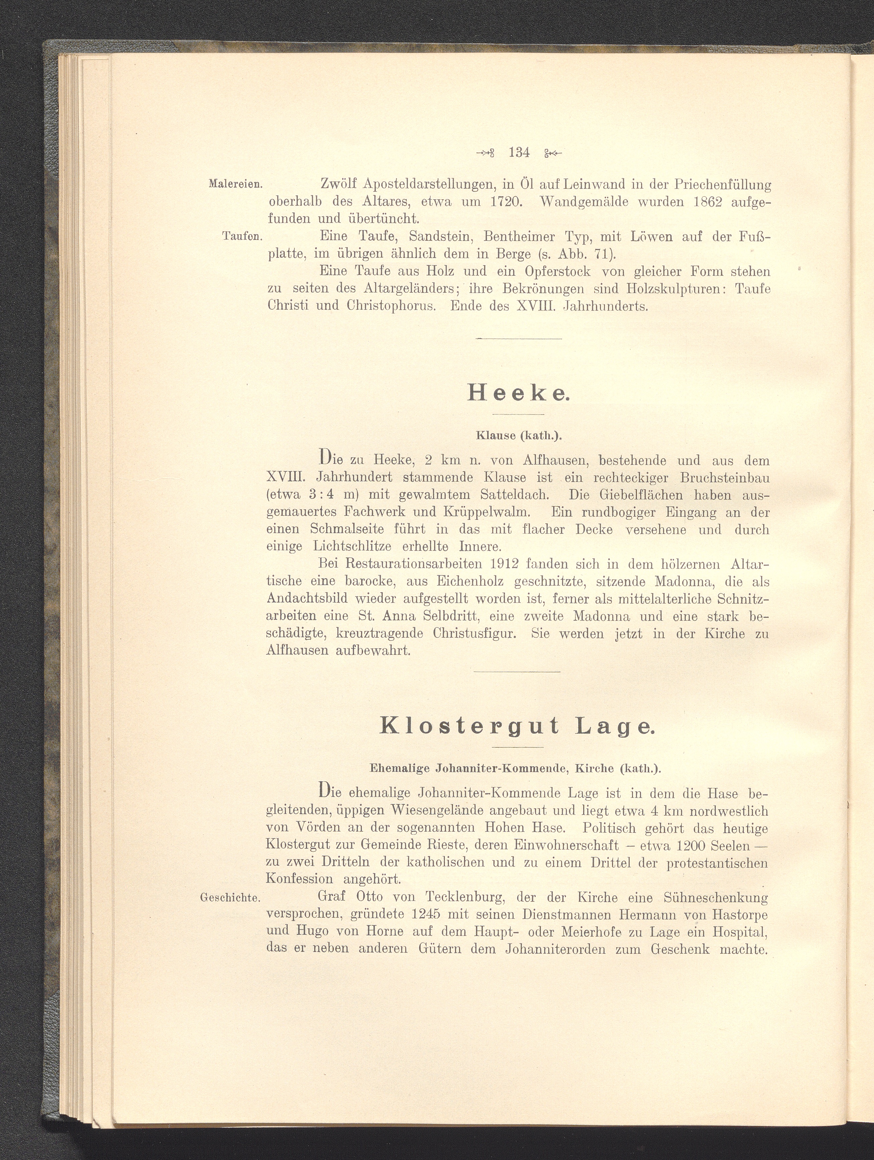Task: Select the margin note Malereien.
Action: [x=235, y=184]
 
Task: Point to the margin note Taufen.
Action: [x=242, y=236]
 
